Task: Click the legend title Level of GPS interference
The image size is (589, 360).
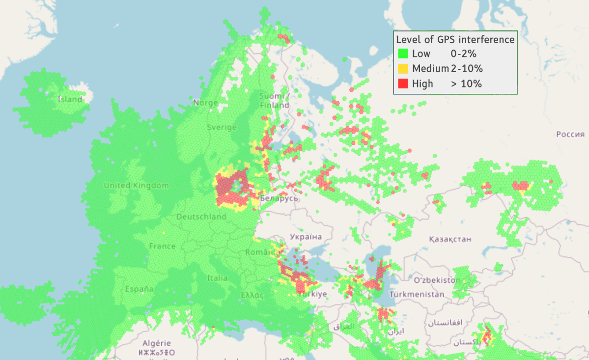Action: coord(455,39)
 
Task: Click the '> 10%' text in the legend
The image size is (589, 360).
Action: coord(466,83)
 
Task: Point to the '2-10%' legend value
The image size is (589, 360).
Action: coord(467,68)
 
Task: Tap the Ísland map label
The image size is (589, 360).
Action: coord(70,99)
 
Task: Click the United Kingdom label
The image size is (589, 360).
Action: coord(136,186)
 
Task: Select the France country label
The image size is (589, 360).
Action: coord(162,246)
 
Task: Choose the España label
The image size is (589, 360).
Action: coord(139,289)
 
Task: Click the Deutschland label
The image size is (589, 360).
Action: coord(201,217)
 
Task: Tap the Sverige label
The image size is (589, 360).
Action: coord(222,127)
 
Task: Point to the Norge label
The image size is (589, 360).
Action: coord(205,103)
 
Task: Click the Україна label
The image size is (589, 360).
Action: coord(306,237)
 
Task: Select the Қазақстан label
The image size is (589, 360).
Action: coord(449,240)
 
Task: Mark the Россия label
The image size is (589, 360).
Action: coord(570,134)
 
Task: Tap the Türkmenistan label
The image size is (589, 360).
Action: coord(417,294)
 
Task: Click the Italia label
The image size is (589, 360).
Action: coord(217,278)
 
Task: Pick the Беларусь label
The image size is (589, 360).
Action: coord(279,198)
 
